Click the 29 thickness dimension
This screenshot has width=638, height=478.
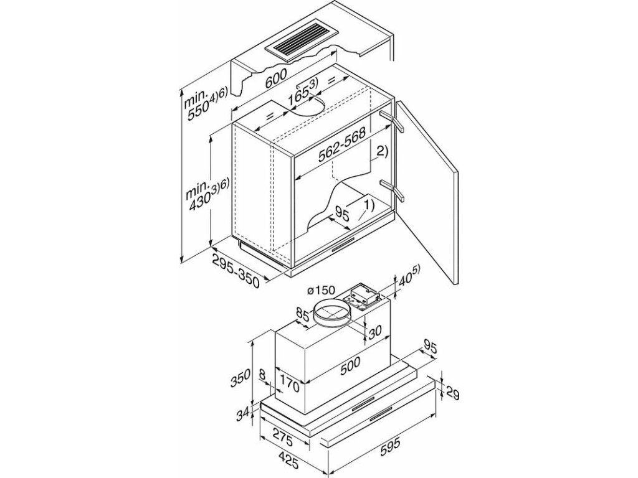453,393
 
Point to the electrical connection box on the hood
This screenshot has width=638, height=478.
363,296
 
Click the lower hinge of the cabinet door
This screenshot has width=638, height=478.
394,190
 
